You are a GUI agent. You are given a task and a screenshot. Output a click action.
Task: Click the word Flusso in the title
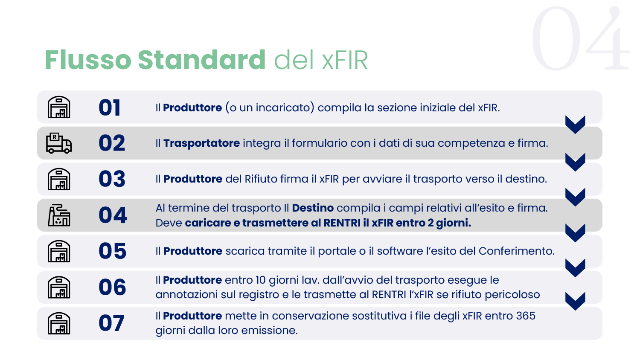tap(88, 60)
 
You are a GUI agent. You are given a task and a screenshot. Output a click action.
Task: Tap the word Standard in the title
tap(202, 60)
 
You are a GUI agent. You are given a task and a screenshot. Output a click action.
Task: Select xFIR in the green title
tap(344, 60)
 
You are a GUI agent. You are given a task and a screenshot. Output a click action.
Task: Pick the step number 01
tap(109, 108)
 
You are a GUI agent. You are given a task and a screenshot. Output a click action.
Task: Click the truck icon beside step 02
tap(58, 143)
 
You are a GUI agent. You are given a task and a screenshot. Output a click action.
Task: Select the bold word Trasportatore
tap(201, 143)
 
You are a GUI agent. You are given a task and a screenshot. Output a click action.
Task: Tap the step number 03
tap(112, 179)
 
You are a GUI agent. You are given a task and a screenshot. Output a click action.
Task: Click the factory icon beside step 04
tap(59, 215)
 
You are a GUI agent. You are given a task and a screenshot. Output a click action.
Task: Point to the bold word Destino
tap(313, 208)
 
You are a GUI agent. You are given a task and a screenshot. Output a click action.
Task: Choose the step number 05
tap(112, 251)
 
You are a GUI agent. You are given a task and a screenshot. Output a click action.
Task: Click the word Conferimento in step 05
tap(517, 251)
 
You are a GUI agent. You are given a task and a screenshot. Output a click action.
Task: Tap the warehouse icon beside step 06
tap(59, 287)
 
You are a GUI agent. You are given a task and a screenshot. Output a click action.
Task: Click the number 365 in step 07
tap(526, 316)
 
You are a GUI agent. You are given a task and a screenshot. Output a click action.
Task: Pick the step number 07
tap(111, 323)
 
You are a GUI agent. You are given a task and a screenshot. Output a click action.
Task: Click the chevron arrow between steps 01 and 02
tap(575, 125)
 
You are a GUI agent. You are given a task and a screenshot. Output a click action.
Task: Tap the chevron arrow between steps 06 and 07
tap(575, 301)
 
